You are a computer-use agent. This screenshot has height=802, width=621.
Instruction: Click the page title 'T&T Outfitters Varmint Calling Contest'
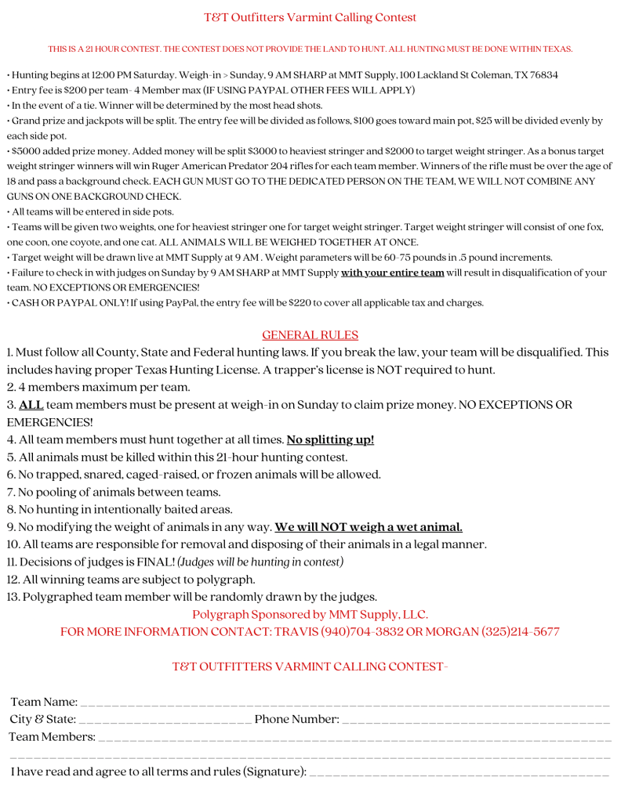point(310,17)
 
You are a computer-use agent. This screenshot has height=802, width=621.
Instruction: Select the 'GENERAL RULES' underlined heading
point(310,335)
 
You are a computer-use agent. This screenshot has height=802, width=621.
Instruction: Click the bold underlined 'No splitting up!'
point(330,439)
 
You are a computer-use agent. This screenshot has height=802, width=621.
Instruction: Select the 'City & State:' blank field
point(165,719)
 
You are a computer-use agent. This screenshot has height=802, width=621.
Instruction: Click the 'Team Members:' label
point(53,737)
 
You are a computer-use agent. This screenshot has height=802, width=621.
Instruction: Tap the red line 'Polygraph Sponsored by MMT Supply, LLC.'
point(310,615)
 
